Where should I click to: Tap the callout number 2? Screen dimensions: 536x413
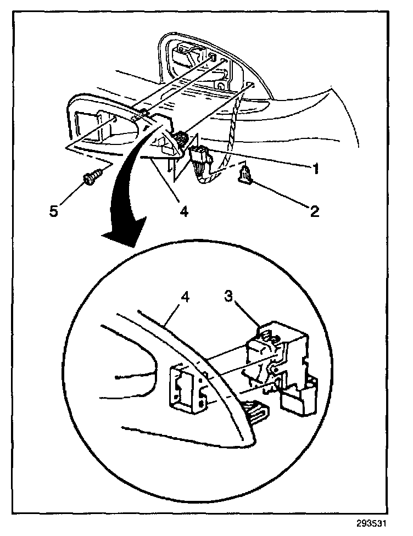coord(314,211)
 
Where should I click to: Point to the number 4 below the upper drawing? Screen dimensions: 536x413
coord(184,210)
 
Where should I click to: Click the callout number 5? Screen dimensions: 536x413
coord(54,210)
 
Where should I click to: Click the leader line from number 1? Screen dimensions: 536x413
coord(258,159)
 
